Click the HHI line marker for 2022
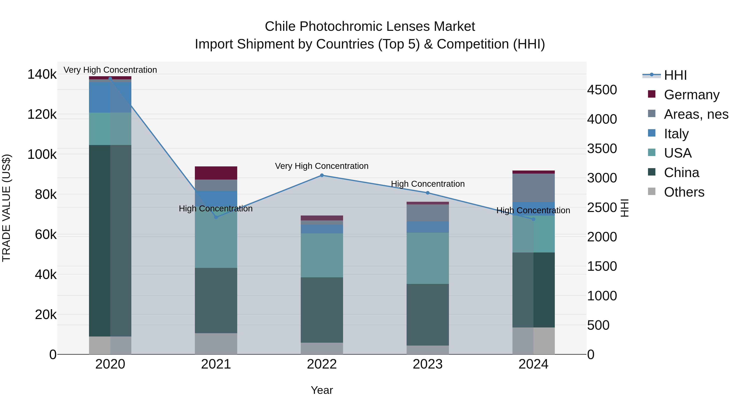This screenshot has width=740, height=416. [x=322, y=175]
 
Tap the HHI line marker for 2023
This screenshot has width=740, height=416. [x=428, y=193]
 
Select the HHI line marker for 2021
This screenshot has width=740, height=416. [x=216, y=217]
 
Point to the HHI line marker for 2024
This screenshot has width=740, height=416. [x=533, y=219]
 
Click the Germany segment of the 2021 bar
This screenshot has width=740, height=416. [x=216, y=173]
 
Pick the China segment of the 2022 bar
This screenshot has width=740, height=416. [x=322, y=310]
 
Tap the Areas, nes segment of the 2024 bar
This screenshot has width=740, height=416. [x=533, y=188]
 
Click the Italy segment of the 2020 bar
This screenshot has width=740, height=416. [x=110, y=97]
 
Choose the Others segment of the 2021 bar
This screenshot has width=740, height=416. [x=216, y=344]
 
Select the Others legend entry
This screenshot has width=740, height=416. [x=684, y=192]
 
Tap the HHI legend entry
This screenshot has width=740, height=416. [x=675, y=75]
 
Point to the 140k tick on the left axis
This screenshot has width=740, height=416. [x=42, y=74]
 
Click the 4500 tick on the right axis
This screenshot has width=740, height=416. [x=602, y=90]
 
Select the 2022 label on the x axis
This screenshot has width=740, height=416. [x=322, y=364]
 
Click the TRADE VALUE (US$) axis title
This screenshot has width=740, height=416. [x=6, y=208]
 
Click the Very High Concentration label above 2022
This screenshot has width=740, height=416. [x=322, y=166]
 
